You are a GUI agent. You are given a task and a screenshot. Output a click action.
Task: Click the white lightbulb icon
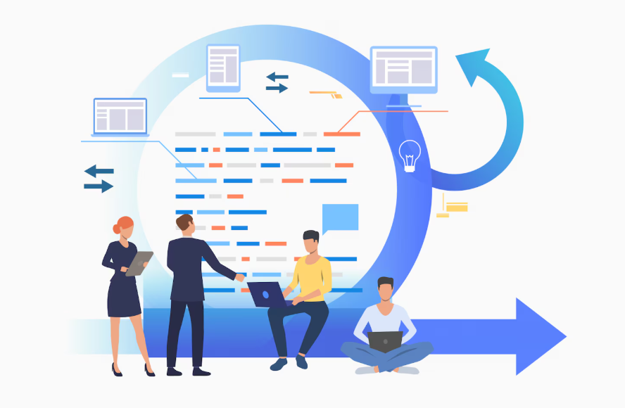click(x=410, y=155)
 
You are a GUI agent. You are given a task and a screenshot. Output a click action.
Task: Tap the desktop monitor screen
click(x=403, y=70)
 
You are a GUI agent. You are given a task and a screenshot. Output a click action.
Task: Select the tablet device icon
click(x=223, y=67)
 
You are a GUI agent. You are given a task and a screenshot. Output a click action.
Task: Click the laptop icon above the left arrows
click(x=120, y=116)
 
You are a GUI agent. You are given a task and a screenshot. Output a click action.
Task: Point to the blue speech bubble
click(x=340, y=217)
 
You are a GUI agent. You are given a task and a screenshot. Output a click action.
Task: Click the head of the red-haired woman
click(x=123, y=227)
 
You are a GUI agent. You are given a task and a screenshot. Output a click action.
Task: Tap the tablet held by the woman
click(x=139, y=262)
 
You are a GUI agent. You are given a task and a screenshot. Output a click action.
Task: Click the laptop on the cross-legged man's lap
click(x=385, y=341)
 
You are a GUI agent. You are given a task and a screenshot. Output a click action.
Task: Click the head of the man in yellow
click(x=311, y=242)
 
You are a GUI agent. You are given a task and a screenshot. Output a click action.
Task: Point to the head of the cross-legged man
click(x=385, y=289)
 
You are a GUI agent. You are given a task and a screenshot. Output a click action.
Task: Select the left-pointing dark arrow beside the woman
click(x=99, y=171)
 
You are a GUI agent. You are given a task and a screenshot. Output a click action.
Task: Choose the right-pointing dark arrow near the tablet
click(x=277, y=88)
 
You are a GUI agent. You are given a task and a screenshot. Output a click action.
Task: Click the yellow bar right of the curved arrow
click(x=457, y=207)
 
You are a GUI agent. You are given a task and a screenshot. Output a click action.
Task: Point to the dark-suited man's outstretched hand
click(x=240, y=277)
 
